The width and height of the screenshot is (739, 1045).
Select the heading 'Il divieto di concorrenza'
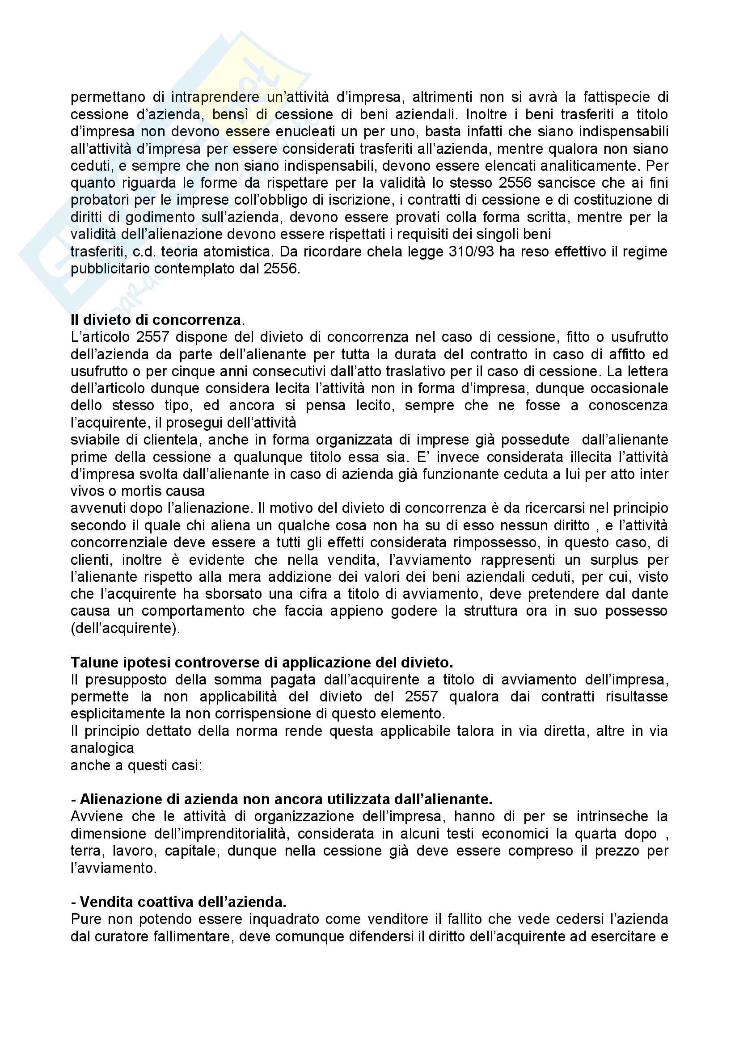coord(156,320)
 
